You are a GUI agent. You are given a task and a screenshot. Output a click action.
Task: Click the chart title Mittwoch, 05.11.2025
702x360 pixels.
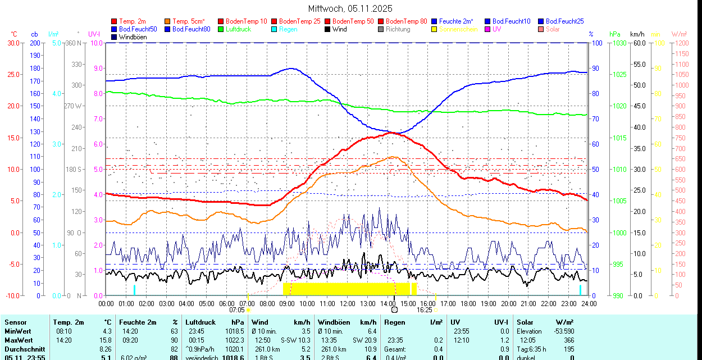[350, 8]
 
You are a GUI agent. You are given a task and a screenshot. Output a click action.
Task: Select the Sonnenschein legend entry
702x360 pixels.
[458, 29]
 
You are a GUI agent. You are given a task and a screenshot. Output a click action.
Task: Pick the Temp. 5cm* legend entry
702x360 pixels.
[188, 21]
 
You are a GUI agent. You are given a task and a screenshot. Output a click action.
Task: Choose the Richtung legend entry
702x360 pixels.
[398, 29]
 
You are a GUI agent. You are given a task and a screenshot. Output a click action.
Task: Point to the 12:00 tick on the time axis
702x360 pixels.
[347, 303]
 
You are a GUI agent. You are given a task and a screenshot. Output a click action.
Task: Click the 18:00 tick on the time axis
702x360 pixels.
[468, 303]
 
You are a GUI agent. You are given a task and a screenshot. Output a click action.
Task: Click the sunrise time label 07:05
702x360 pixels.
[237, 309]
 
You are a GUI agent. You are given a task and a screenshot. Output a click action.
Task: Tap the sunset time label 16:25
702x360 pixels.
[425, 309]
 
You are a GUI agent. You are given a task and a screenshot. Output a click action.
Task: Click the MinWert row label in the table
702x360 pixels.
[17, 331]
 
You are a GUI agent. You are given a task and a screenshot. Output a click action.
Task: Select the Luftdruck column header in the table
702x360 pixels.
[200, 322]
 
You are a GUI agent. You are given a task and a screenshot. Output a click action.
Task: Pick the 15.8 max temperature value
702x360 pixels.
[106, 340]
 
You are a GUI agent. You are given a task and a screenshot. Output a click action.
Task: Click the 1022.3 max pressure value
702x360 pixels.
[235, 340]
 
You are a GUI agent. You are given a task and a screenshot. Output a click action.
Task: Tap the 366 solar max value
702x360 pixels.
[568, 340]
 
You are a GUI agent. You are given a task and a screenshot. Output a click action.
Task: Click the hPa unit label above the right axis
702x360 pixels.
[614, 34]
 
